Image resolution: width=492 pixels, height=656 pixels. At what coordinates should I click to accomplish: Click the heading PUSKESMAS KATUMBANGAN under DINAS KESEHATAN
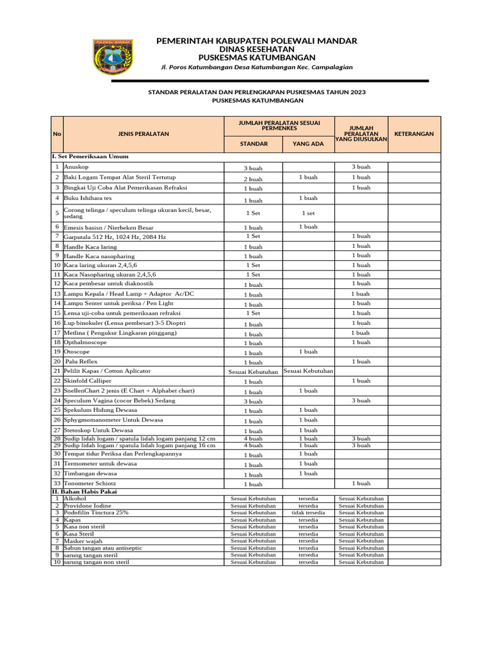tap(257, 58)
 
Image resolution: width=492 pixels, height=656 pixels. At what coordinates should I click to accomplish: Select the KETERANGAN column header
tap(414, 134)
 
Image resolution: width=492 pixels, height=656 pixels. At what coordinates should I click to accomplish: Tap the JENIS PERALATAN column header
tap(143, 134)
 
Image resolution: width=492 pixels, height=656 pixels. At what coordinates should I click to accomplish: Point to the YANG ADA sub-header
tap(308, 143)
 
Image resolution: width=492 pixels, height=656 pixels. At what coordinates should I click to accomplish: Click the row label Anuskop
tap(76, 167)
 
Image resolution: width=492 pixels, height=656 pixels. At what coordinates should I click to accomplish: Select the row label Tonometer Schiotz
tap(90, 483)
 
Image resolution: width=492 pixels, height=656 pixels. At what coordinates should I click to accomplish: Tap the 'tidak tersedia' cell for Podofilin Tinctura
tap(308, 512)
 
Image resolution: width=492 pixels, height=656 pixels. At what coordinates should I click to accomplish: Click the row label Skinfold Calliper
tap(87, 381)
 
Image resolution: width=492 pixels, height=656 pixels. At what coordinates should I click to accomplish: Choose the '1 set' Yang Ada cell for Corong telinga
tap(308, 213)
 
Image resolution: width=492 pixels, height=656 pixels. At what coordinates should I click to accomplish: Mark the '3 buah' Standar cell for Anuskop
tap(253, 168)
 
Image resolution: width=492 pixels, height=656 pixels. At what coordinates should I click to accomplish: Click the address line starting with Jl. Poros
tap(257, 68)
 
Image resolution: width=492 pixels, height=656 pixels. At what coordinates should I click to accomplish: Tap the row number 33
tap(56, 483)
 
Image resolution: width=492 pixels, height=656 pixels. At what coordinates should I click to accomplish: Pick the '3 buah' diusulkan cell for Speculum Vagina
tap(361, 400)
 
